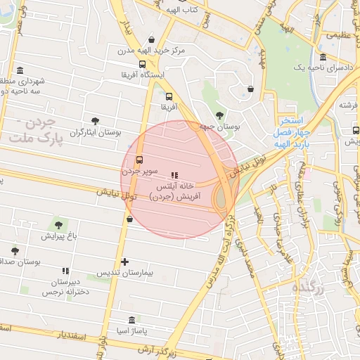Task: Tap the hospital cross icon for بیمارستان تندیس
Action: (x=125, y=262)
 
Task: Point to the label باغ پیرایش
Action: (x=57, y=236)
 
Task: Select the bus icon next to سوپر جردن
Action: (x=139, y=160)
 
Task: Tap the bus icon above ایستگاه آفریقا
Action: (x=143, y=64)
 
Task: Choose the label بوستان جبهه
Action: (x=219, y=127)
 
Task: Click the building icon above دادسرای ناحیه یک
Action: (x=323, y=57)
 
